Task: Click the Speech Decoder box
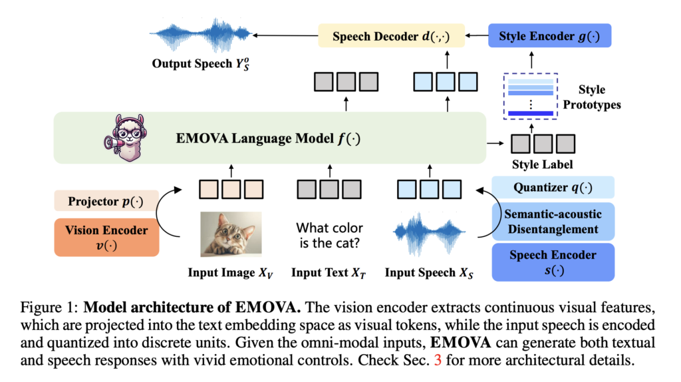pyautogui.click(x=383, y=35)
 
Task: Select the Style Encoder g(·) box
pyautogui.click(x=549, y=35)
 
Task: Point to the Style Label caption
pyautogui.click(x=541, y=164)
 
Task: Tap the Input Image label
pyautogui.click(x=230, y=273)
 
